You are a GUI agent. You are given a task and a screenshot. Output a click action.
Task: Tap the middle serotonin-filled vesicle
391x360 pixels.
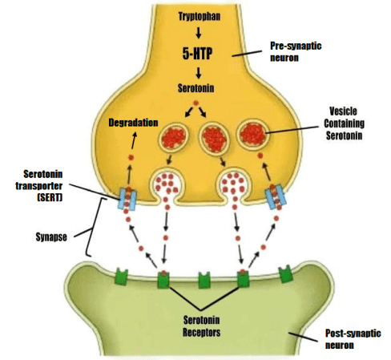click(214, 139)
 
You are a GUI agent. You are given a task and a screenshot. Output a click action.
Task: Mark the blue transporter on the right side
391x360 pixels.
click(275, 198)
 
